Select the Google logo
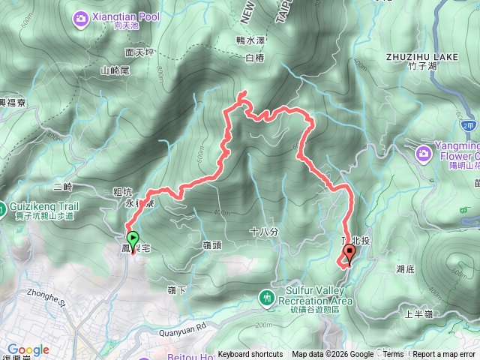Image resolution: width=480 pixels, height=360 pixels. [28, 349]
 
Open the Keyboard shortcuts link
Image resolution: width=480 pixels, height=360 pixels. [250, 355]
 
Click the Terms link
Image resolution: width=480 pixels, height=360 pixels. [393, 355]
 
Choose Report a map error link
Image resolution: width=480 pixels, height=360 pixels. [445, 355]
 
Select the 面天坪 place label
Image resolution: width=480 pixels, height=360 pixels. [139, 53]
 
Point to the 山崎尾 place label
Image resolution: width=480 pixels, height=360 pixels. [115, 70]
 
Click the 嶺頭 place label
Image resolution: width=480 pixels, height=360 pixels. [212, 245]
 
